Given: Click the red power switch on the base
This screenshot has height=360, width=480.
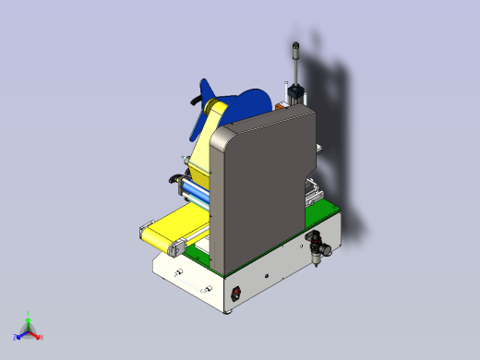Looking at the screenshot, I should coord(235,294).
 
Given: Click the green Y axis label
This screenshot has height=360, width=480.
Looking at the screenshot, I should coord(29,314).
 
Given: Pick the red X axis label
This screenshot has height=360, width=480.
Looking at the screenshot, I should coord(42,336).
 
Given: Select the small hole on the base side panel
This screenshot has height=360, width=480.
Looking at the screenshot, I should coord(267,275).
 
